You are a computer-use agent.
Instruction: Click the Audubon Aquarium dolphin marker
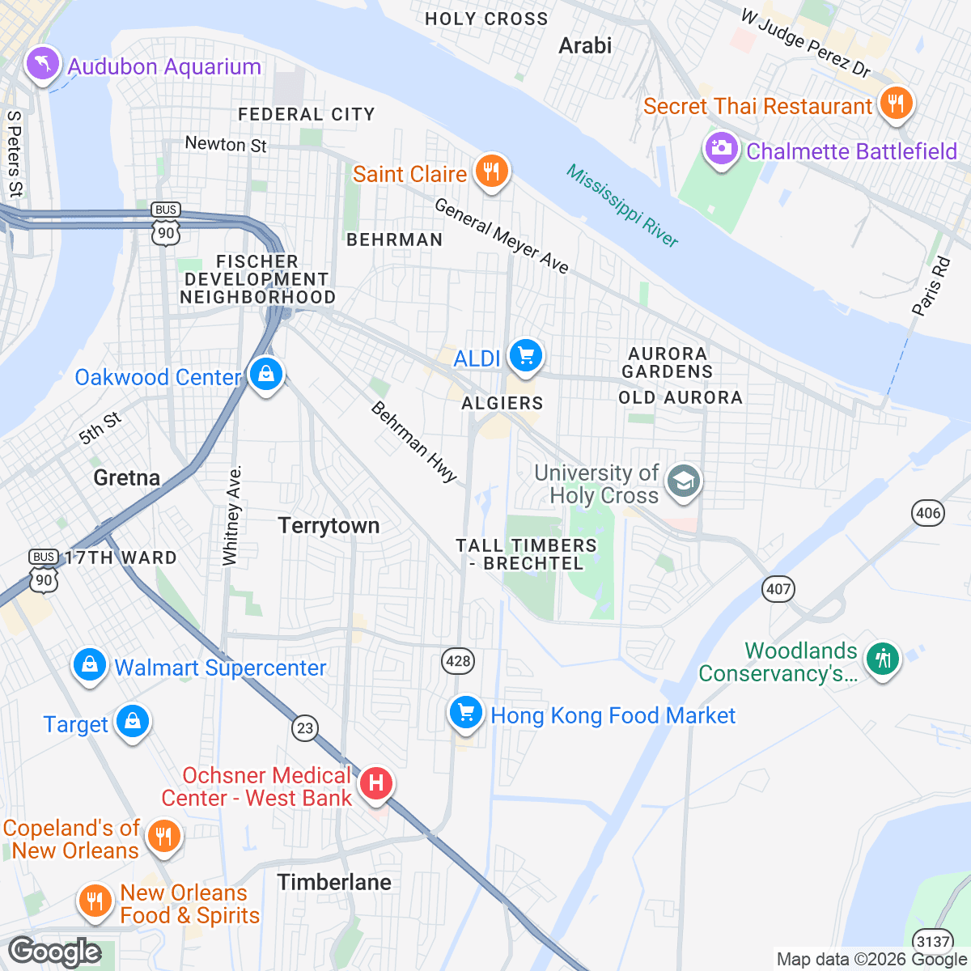click(x=43, y=64)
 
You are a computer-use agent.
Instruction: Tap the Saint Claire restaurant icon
click(x=490, y=172)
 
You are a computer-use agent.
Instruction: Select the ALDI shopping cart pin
click(x=526, y=355)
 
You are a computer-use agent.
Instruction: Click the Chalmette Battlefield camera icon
click(x=720, y=149)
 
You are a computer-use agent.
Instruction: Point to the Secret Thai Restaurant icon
click(x=895, y=104)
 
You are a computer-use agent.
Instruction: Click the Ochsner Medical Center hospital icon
click(x=375, y=783)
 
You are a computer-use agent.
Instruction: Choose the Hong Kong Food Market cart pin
click(x=465, y=713)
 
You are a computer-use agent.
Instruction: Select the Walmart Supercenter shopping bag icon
click(x=90, y=665)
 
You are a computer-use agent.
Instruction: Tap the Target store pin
click(x=133, y=721)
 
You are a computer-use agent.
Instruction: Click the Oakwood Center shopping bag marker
click(x=265, y=375)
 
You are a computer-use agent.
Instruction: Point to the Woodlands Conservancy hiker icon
click(x=883, y=659)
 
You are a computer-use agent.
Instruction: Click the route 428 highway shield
click(x=458, y=661)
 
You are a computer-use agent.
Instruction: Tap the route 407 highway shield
click(x=778, y=588)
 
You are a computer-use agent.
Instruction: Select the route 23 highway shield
click(x=304, y=728)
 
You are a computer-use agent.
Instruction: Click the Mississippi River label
click(x=621, y=206)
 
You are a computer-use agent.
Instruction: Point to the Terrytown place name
click(x=329, y=526)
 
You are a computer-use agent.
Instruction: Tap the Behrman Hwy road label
click(x=414, y=442)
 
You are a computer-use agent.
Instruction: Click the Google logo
click(x=55, y=952)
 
